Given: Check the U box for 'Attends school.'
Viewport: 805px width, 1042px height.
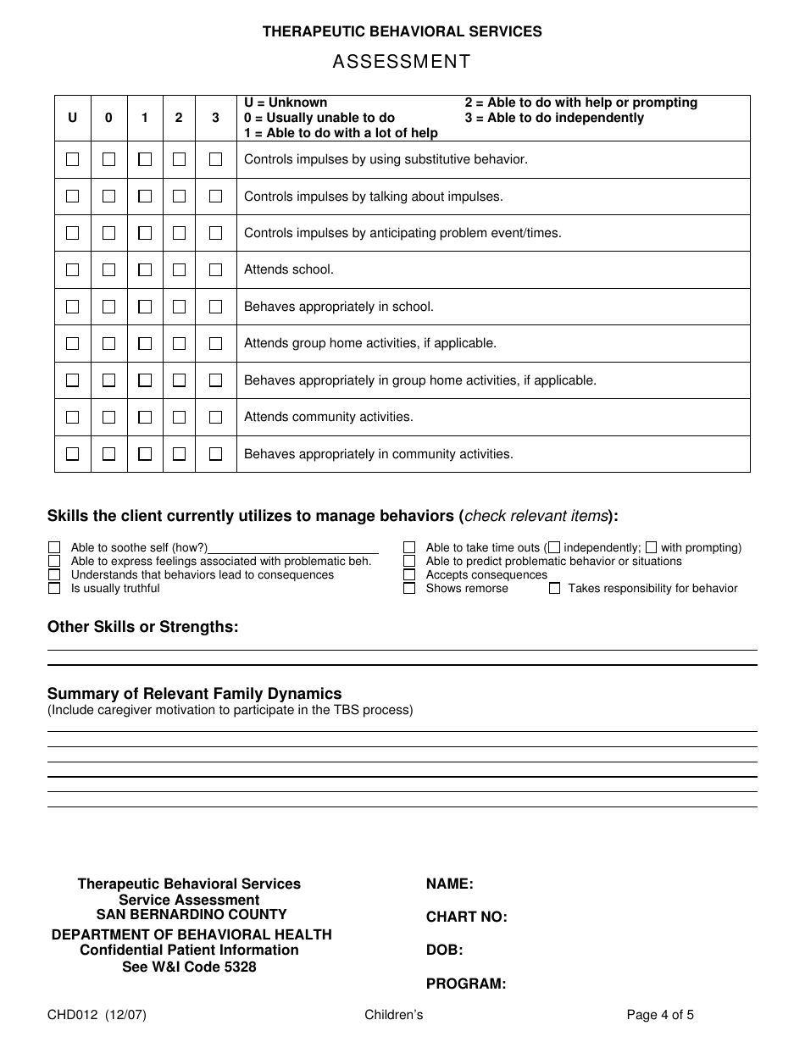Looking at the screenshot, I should pyautogui.click(x=72, y=269).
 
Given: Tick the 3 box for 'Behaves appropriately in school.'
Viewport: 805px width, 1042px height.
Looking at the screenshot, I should pyautogui.click(x=215, y=307).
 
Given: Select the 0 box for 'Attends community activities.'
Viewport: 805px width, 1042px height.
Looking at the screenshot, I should pyautogui.click(x=108, y=417).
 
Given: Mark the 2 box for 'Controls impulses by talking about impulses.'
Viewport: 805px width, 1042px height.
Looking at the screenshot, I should pyautogui.click(x=179, y=196).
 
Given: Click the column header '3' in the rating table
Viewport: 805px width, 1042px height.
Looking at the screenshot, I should pyautogui.click(x=215, y=118).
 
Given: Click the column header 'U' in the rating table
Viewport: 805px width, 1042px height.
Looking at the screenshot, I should pyautogui.click(x=72, y=118).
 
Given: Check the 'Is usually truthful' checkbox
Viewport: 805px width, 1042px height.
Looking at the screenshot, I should pyautogui.click(x=54, y=588).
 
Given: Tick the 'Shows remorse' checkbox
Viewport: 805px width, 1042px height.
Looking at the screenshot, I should pyautogui.click(x=409, y=588).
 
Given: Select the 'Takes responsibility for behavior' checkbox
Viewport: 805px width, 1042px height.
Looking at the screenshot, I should pyautogui.click(x=554, y=588).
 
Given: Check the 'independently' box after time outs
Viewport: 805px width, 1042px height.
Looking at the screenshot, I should pyautogui.click(x=554, y=547).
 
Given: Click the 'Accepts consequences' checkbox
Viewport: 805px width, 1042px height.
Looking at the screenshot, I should pyautogui.click(x=409, y=574).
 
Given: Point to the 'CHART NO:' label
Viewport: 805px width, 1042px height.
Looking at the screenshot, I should pyautogui.click(x=466, y=917).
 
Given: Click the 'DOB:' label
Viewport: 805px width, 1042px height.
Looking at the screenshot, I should pyautogui.click(x=444, y=951).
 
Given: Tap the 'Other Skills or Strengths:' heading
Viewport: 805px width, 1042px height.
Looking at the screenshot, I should pyautogui.click(x=142, y=627).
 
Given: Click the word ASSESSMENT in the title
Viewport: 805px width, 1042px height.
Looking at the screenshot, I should pyautogui.click(x=402, y=62).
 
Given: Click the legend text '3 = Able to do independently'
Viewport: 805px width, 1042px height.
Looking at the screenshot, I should pyautogui.click(x=553, y=118).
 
